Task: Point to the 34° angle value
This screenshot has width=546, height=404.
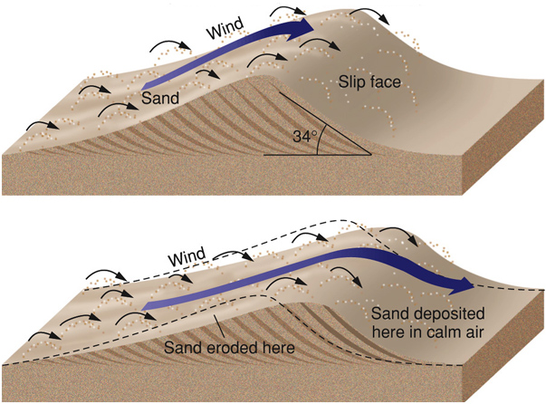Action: point(305,139)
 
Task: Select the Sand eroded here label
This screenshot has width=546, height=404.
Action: point(222,346)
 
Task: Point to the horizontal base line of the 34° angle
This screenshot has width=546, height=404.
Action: point(317,155)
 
